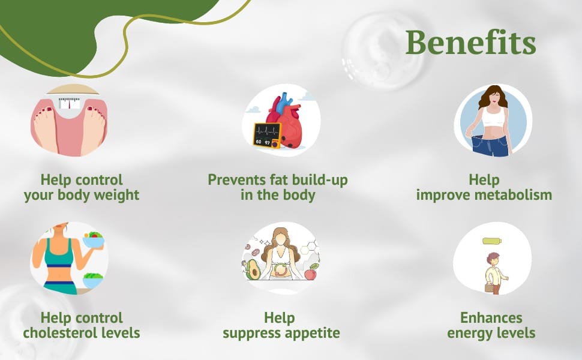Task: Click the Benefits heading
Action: (x=470, y=43)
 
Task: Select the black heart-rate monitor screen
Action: (x=267, y=136)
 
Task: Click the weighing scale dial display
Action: (x=70, y=103)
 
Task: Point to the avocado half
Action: (x=253, y=269)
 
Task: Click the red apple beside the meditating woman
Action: (x=310, y=274)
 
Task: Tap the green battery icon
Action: (x=492, y=241)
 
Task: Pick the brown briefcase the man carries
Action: (x=489, y=288)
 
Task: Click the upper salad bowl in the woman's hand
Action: (x=93, y=241)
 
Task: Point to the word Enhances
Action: (x=491, y=317)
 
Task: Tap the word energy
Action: (x=470, y=333)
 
